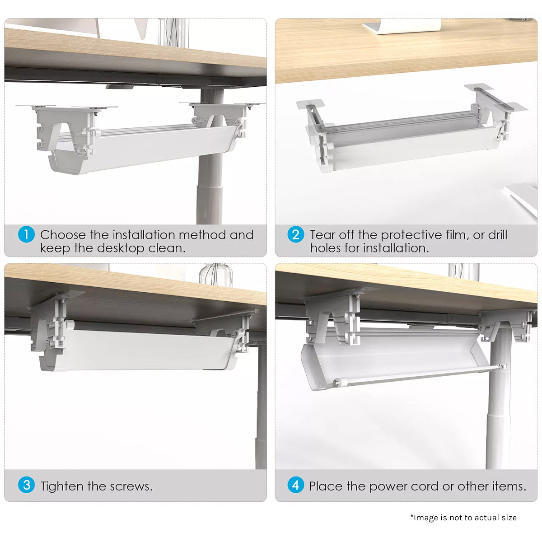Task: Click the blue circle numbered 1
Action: click(26, 234)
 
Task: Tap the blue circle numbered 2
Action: click(295, 234)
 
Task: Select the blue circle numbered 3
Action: click(26, 485)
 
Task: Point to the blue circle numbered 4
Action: click(295, 485)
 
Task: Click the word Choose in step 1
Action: click(62, 235)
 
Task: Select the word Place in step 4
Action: click(325, 486)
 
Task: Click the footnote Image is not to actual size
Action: click(463, 518)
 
